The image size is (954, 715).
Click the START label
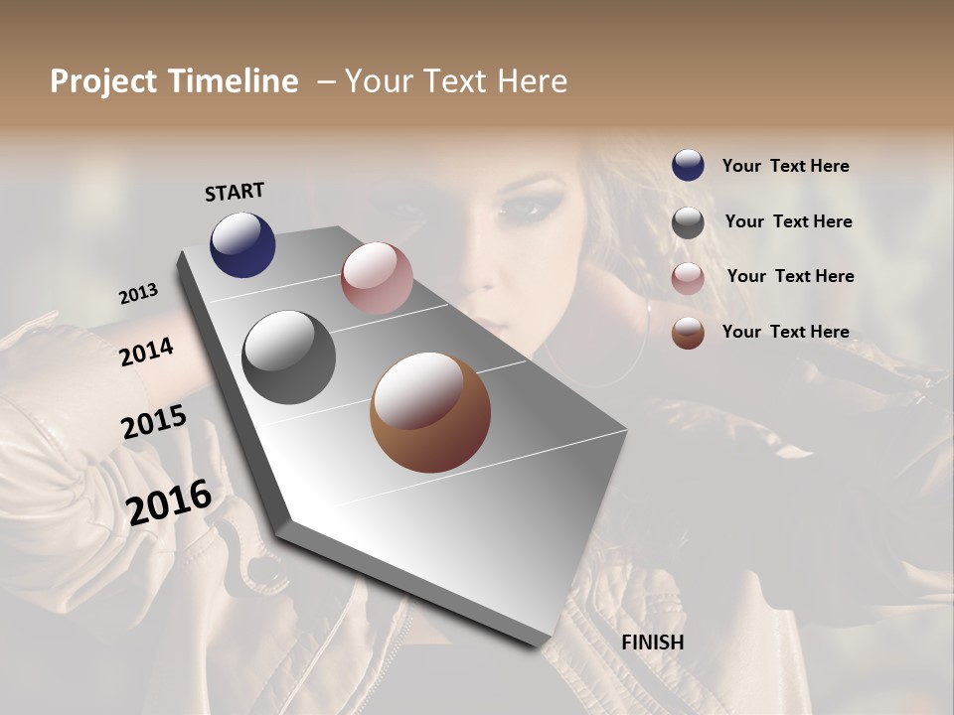pyautogui.click(x=235, y=191)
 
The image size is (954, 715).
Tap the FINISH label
pyautogui.click(x=652, y=643)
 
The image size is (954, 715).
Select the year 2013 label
pyautogui.click(x=139, y=294)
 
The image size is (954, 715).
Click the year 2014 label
pyautogui.click(x=146, y=352)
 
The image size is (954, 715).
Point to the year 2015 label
pyautogui.click(x=154, y=422)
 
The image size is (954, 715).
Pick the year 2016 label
pyautogui.click(x=169, y=501)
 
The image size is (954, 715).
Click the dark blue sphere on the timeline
pyautogui.click(x=242, y=244)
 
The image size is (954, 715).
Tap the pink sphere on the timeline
pyautogui.click(x=377, y=278)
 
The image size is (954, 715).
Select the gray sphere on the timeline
pyautogui.click(x=288, y=357)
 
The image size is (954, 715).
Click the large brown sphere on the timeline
pyautogui.click(x=430, y=412)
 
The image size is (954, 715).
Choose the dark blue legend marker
pyautogui.click(x=688, y=165)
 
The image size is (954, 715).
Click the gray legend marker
pyautogui.click(x=688, y=222)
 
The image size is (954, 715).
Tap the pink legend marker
pyautogui.click(x=688, y=278)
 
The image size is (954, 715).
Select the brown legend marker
pyautogui.click(x=688, y=333)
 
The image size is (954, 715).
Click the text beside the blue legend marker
pyautogui.click(x=785, y=166)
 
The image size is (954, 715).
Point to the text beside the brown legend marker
pyautogui.click(x=785, y=332)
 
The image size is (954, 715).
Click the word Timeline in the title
pyautogui.click(x=234, y=81)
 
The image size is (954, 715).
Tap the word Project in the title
pyautogui.click(x=102, y=81)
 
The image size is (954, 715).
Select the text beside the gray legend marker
pyautogui.click(x=788, y=221)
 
